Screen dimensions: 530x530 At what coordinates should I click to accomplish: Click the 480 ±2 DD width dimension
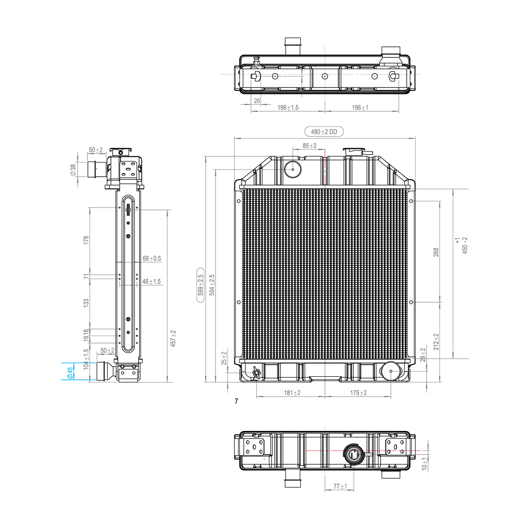coord(324,132)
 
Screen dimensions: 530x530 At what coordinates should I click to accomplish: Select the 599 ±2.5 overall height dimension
coord(201,285)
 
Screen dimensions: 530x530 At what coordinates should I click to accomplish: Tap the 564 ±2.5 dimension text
coord(212,285)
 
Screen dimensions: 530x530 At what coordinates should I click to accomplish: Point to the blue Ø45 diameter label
coord(70,373)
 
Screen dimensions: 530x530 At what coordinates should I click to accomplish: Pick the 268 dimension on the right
coord(436,252)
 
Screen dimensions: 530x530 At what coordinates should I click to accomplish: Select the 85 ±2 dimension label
coord(310,146)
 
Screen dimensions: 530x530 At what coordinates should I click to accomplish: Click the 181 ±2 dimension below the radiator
coord(292,393)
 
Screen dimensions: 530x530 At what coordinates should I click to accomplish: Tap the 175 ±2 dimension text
coord(358,393)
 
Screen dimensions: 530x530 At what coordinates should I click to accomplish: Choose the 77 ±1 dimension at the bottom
coord(340,486)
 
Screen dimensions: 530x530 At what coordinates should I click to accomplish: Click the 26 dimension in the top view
coord(257,101)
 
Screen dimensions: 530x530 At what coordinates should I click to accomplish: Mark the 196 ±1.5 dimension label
coord(288,107)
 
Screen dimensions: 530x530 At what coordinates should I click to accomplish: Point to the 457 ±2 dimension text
coord(174,338)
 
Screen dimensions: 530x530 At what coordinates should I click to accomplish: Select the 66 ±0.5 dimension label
coord(151,258)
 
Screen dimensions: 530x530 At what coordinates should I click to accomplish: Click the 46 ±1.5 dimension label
coord(151,281)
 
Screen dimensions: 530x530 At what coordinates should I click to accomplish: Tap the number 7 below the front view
coord(237,401)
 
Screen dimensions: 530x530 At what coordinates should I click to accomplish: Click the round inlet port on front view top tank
coord(292,168)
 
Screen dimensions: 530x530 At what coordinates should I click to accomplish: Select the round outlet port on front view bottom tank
coord(391,371)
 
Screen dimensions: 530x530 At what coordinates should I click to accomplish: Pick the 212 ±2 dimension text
coord(436,342)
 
